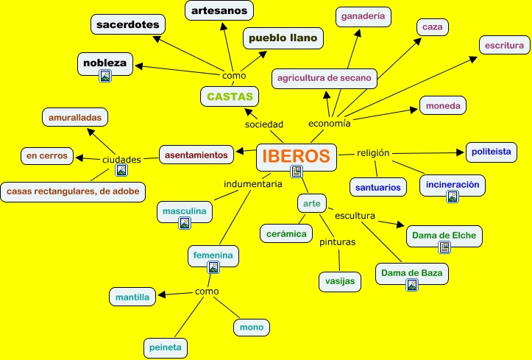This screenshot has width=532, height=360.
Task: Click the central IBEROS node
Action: pos(296,156)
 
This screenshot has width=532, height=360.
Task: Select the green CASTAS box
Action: pos(230,96)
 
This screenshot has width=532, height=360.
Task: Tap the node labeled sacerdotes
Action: pos(127,24)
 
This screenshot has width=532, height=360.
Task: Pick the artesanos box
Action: pos(219,10)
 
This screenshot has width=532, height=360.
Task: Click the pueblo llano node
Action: pos(283,38)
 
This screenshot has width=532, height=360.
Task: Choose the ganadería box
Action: pos(363,16)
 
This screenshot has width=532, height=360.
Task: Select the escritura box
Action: pos(504,45)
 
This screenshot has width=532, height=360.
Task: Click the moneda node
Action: pos(444,106)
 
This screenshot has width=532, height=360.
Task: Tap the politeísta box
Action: pos(492,152)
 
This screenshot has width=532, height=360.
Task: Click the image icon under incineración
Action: pos(453,197)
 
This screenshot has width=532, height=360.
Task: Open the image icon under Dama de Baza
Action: pos(412,285)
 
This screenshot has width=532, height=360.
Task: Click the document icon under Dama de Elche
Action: pos(444,247)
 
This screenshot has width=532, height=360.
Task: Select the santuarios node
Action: pos(377,188)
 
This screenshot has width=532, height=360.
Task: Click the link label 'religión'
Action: pos(373,152)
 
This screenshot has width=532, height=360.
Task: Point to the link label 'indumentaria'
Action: pos(253,183)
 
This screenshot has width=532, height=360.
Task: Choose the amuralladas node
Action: pos(75,117)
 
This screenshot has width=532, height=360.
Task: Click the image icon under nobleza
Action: pos(105,75)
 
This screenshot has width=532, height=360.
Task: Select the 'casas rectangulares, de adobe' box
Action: pos(73,191)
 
